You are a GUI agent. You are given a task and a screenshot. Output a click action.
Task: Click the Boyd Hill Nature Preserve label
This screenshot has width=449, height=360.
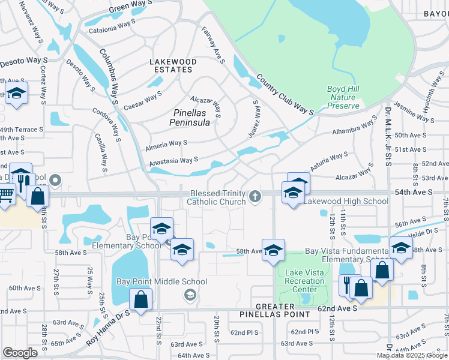(343, 97)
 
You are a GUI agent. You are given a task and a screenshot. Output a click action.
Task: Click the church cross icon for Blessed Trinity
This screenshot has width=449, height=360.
(255, 196)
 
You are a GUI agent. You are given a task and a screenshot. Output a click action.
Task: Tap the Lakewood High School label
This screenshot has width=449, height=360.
(345, 202)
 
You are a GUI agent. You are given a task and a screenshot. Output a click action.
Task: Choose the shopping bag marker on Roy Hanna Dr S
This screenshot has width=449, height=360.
(140, 299)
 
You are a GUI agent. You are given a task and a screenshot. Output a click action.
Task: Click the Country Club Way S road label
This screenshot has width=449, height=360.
(285, 95)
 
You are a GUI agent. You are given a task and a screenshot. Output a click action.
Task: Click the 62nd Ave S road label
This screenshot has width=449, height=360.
(337, 307)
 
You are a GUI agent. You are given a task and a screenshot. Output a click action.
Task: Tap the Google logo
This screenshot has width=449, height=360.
(20, 353)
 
